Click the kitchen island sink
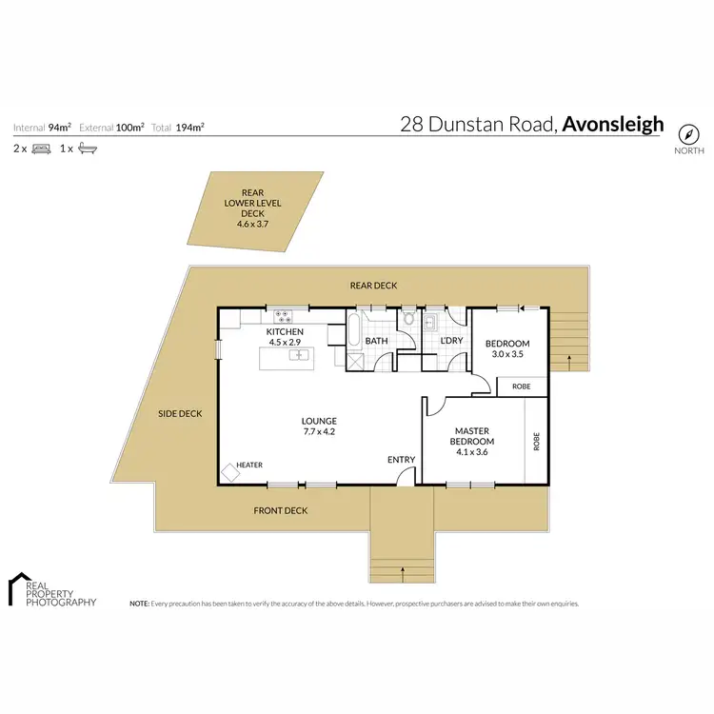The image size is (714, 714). (x=300, y=355)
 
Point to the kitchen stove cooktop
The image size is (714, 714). (x=284, y=315)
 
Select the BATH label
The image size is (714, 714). (x=377, y=341)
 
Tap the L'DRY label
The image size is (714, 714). (x=451, y=341)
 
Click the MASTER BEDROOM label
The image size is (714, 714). (x=473, y=436)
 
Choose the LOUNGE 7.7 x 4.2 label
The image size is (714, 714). (x=319, y=426)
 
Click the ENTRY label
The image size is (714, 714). (x=401, y=460)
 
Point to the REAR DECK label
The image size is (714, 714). (x=373, y=286)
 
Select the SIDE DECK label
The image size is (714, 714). (x=180, y=413)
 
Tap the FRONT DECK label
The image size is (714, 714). (x=280, y=511)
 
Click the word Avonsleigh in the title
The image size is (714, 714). (x=613, y=124)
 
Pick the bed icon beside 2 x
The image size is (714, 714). (x=41, y=149)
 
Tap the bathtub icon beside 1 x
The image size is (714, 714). (x=88, y=149)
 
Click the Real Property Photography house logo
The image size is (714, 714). (x=19, y=588)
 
